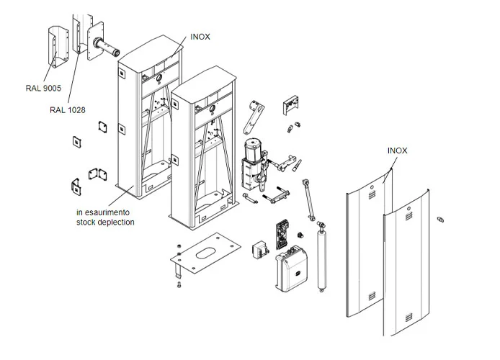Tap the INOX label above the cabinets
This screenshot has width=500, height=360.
coord(200,37)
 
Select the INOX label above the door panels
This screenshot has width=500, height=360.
coord(397,150)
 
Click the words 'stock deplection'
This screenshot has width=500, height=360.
coord(105,222)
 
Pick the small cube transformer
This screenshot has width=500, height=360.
coord(258,250)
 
